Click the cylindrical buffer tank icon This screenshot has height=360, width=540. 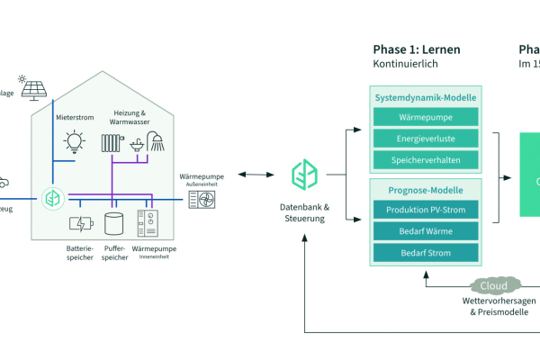click(x=113, y=221)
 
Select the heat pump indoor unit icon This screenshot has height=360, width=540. click(x=147, y=222)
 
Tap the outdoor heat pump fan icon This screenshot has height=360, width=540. click(x=201, y=198)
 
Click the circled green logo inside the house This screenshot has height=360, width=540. click(x=52, y=196)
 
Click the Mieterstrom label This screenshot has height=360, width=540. click(x=74, y=116)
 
